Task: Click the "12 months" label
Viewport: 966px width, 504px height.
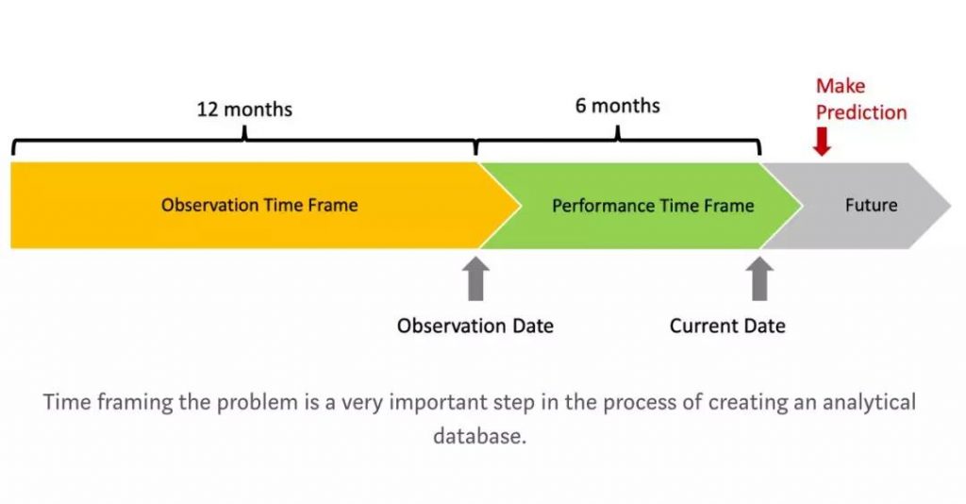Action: [244, 109]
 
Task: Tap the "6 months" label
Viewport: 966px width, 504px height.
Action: [617, 106]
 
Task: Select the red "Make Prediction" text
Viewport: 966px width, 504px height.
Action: [861, 99]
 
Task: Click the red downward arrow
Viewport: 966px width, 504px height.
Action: [822, 141]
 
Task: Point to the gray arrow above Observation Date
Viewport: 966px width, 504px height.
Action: [475, 278]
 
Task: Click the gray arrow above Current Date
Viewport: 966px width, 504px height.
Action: [759, 278]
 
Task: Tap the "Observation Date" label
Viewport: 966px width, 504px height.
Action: [475, 326]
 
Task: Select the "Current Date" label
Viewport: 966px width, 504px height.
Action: [727, 326]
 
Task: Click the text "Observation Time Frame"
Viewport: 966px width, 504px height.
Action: [259, 205]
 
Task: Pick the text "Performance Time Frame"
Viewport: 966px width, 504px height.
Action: [653, 205]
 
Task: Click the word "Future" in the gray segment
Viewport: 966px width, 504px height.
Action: [871, 205]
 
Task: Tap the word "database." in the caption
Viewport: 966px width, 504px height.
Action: [480, 436]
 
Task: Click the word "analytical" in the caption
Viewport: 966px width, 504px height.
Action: [869, 402]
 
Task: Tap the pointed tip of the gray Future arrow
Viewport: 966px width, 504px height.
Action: [951, 206]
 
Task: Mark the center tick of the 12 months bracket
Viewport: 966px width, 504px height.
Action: [244, 133]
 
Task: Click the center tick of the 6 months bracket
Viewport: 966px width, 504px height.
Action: [617, 133]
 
